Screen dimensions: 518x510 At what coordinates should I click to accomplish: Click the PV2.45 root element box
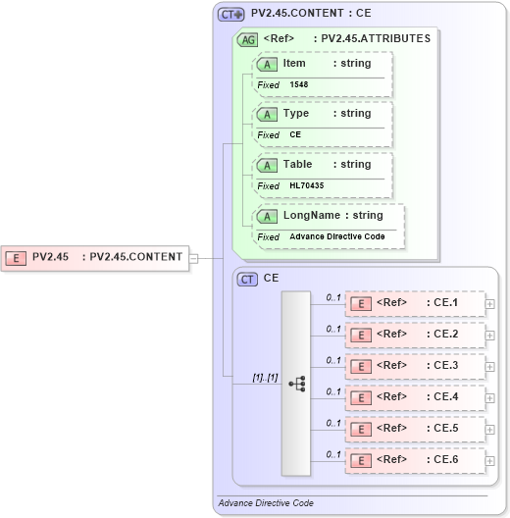tap(94, 258)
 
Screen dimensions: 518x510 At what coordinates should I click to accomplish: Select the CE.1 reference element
tap(415, 303)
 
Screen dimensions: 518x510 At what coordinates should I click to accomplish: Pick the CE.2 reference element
tap(415, 335)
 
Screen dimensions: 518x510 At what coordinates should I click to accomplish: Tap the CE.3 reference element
tap(415, 366)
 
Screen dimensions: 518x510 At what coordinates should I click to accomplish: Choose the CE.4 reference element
tap(415, 397)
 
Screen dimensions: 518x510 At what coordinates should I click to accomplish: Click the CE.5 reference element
tap(415, 429)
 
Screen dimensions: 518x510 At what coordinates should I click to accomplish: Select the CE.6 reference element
tap(415, 460)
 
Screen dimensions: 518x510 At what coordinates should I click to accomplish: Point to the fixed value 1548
tap(298, 85)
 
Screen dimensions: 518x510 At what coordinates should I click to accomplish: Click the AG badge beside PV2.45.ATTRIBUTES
tap(248, 39)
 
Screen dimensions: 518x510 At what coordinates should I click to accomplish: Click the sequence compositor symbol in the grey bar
tap(296, 384)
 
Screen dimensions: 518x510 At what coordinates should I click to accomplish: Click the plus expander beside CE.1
tap(490, 304)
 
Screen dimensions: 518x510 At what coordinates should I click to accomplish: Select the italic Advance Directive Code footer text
tap(266, 502)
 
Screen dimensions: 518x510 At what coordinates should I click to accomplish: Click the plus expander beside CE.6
tap(490, 461)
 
